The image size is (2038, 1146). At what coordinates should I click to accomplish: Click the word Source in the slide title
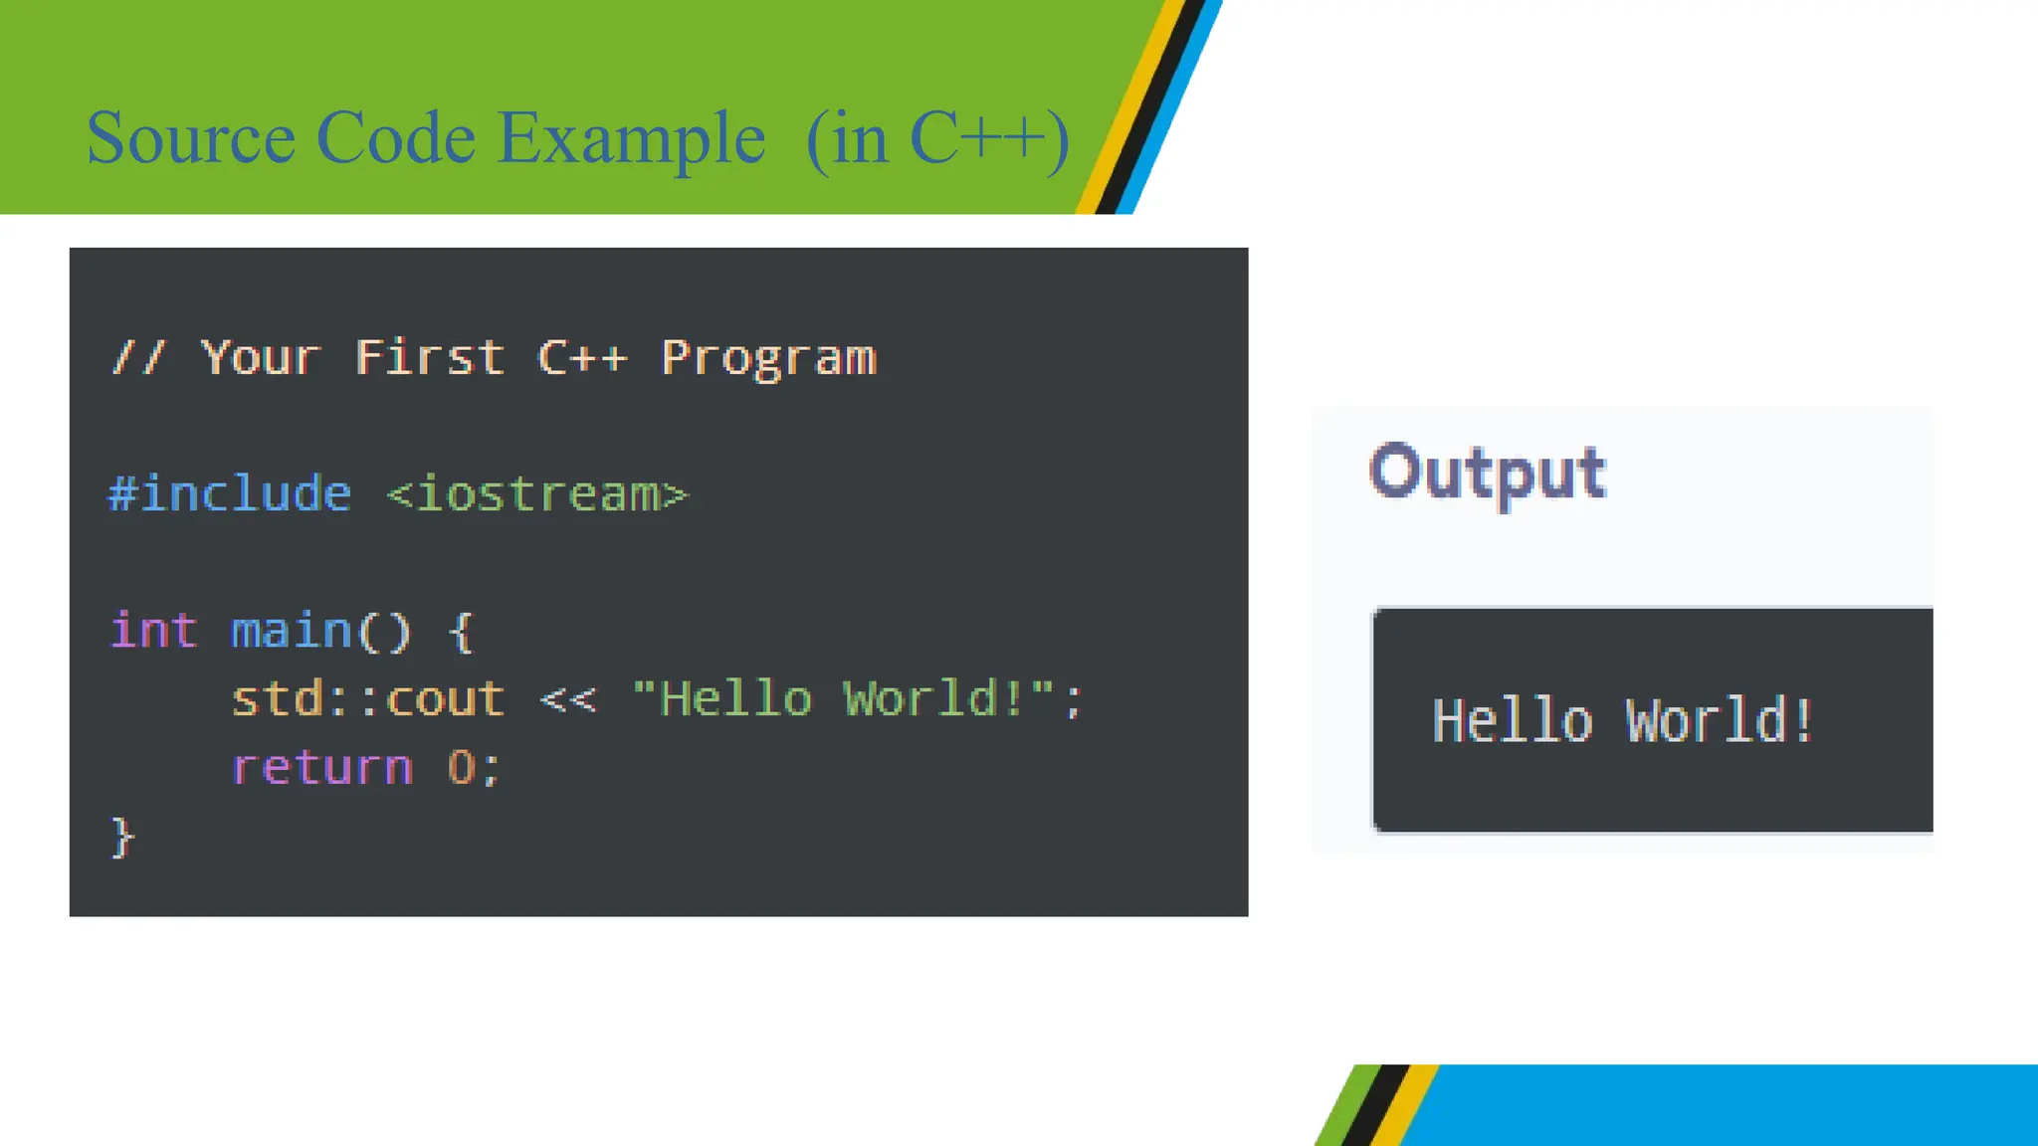(190, 138)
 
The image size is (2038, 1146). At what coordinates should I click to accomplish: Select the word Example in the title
(632, 138)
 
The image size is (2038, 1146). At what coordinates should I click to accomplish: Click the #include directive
(230, 494)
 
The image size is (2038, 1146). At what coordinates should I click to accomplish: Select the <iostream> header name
(537, 494)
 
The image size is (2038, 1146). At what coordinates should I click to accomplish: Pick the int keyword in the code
(153, 631)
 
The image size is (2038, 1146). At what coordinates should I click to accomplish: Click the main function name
(292, 631)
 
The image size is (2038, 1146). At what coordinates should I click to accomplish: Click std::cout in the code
(368, 699)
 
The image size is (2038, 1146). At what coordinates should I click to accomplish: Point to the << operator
(568, 699)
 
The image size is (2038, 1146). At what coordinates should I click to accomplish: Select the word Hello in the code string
(736, 699)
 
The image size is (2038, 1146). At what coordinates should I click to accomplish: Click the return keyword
(322, 768)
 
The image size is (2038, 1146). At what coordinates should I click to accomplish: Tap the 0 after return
(462, 768)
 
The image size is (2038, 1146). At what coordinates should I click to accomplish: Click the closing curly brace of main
(122, 838)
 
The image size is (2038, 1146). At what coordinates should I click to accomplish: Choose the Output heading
(1488, 473)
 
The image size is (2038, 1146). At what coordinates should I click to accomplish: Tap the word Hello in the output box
(1513, 721)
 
